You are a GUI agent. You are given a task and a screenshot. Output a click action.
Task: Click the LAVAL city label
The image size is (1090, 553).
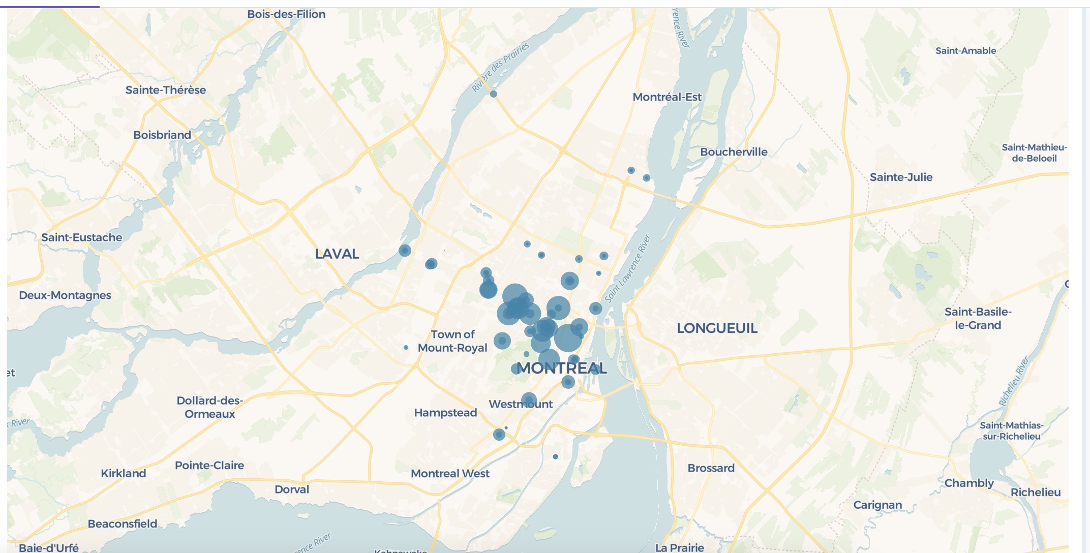tap(337, 254)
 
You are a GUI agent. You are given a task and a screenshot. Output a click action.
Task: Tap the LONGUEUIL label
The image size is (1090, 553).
tap(717, 328)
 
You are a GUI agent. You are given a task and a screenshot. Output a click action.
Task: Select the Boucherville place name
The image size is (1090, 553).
tap(734, 152)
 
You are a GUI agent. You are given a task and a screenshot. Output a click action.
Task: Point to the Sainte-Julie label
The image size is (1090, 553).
tap(901, 177)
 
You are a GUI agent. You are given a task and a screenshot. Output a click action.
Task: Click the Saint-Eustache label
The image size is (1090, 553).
tap(82, 237)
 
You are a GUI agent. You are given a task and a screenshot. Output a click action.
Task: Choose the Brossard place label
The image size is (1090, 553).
tap(711, 468)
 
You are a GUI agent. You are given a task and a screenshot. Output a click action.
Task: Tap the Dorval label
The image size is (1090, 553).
tap(292, 489)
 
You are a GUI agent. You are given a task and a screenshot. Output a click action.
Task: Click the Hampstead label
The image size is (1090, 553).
tap(445, 413)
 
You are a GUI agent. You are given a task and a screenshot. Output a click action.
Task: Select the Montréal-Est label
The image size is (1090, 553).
tap(667, 97)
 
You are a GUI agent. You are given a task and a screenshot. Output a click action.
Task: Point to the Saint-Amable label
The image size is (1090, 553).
tap(965, 51)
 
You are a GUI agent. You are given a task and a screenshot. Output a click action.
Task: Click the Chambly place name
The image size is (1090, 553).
tap(968, 483)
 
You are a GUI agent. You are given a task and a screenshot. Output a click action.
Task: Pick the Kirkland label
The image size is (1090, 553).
tap(124, 473)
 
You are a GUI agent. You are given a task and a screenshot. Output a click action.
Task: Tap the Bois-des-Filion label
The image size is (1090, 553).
tap(286, 14)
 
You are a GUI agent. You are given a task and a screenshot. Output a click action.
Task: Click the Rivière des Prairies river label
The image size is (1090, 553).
tap(500, 68)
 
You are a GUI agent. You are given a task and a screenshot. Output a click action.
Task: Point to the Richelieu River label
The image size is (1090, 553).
tap(1014, 381)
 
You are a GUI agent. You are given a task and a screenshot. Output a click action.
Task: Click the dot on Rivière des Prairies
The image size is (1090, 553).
tap(493, 94)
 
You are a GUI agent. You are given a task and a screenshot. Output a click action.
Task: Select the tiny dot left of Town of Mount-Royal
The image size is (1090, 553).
tap(406, 348)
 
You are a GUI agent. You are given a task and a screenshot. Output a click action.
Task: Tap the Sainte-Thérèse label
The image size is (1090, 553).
tap(166, 90)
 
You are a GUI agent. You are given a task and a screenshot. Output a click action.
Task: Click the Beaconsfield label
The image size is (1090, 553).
tap(123, 524)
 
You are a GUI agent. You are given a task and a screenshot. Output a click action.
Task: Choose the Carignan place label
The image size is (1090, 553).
tap(877, 505)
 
